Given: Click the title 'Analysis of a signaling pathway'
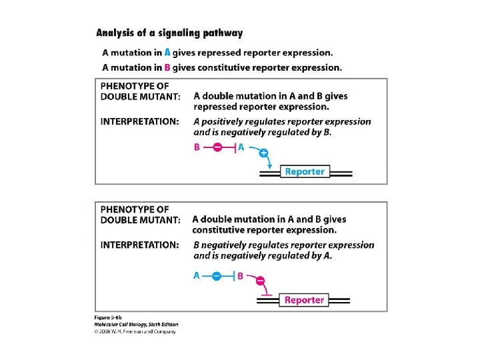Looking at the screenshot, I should point(169,33).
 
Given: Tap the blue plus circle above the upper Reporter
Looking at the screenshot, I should point(263,153).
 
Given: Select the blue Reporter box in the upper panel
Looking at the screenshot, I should point(304,172).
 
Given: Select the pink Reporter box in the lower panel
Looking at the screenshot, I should point(304,300).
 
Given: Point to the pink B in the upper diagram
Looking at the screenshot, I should point(197,148).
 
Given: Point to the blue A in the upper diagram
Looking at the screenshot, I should point(241,148).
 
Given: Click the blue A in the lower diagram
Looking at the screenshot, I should point(197,275).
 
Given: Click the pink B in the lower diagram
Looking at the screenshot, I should point(241,275).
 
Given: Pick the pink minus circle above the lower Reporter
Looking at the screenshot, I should point(260,281).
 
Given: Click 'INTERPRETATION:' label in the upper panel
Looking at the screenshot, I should point(139,122).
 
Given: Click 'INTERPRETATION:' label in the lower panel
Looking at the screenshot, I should point(139,245).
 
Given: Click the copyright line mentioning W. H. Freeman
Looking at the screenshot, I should point(135,331).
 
